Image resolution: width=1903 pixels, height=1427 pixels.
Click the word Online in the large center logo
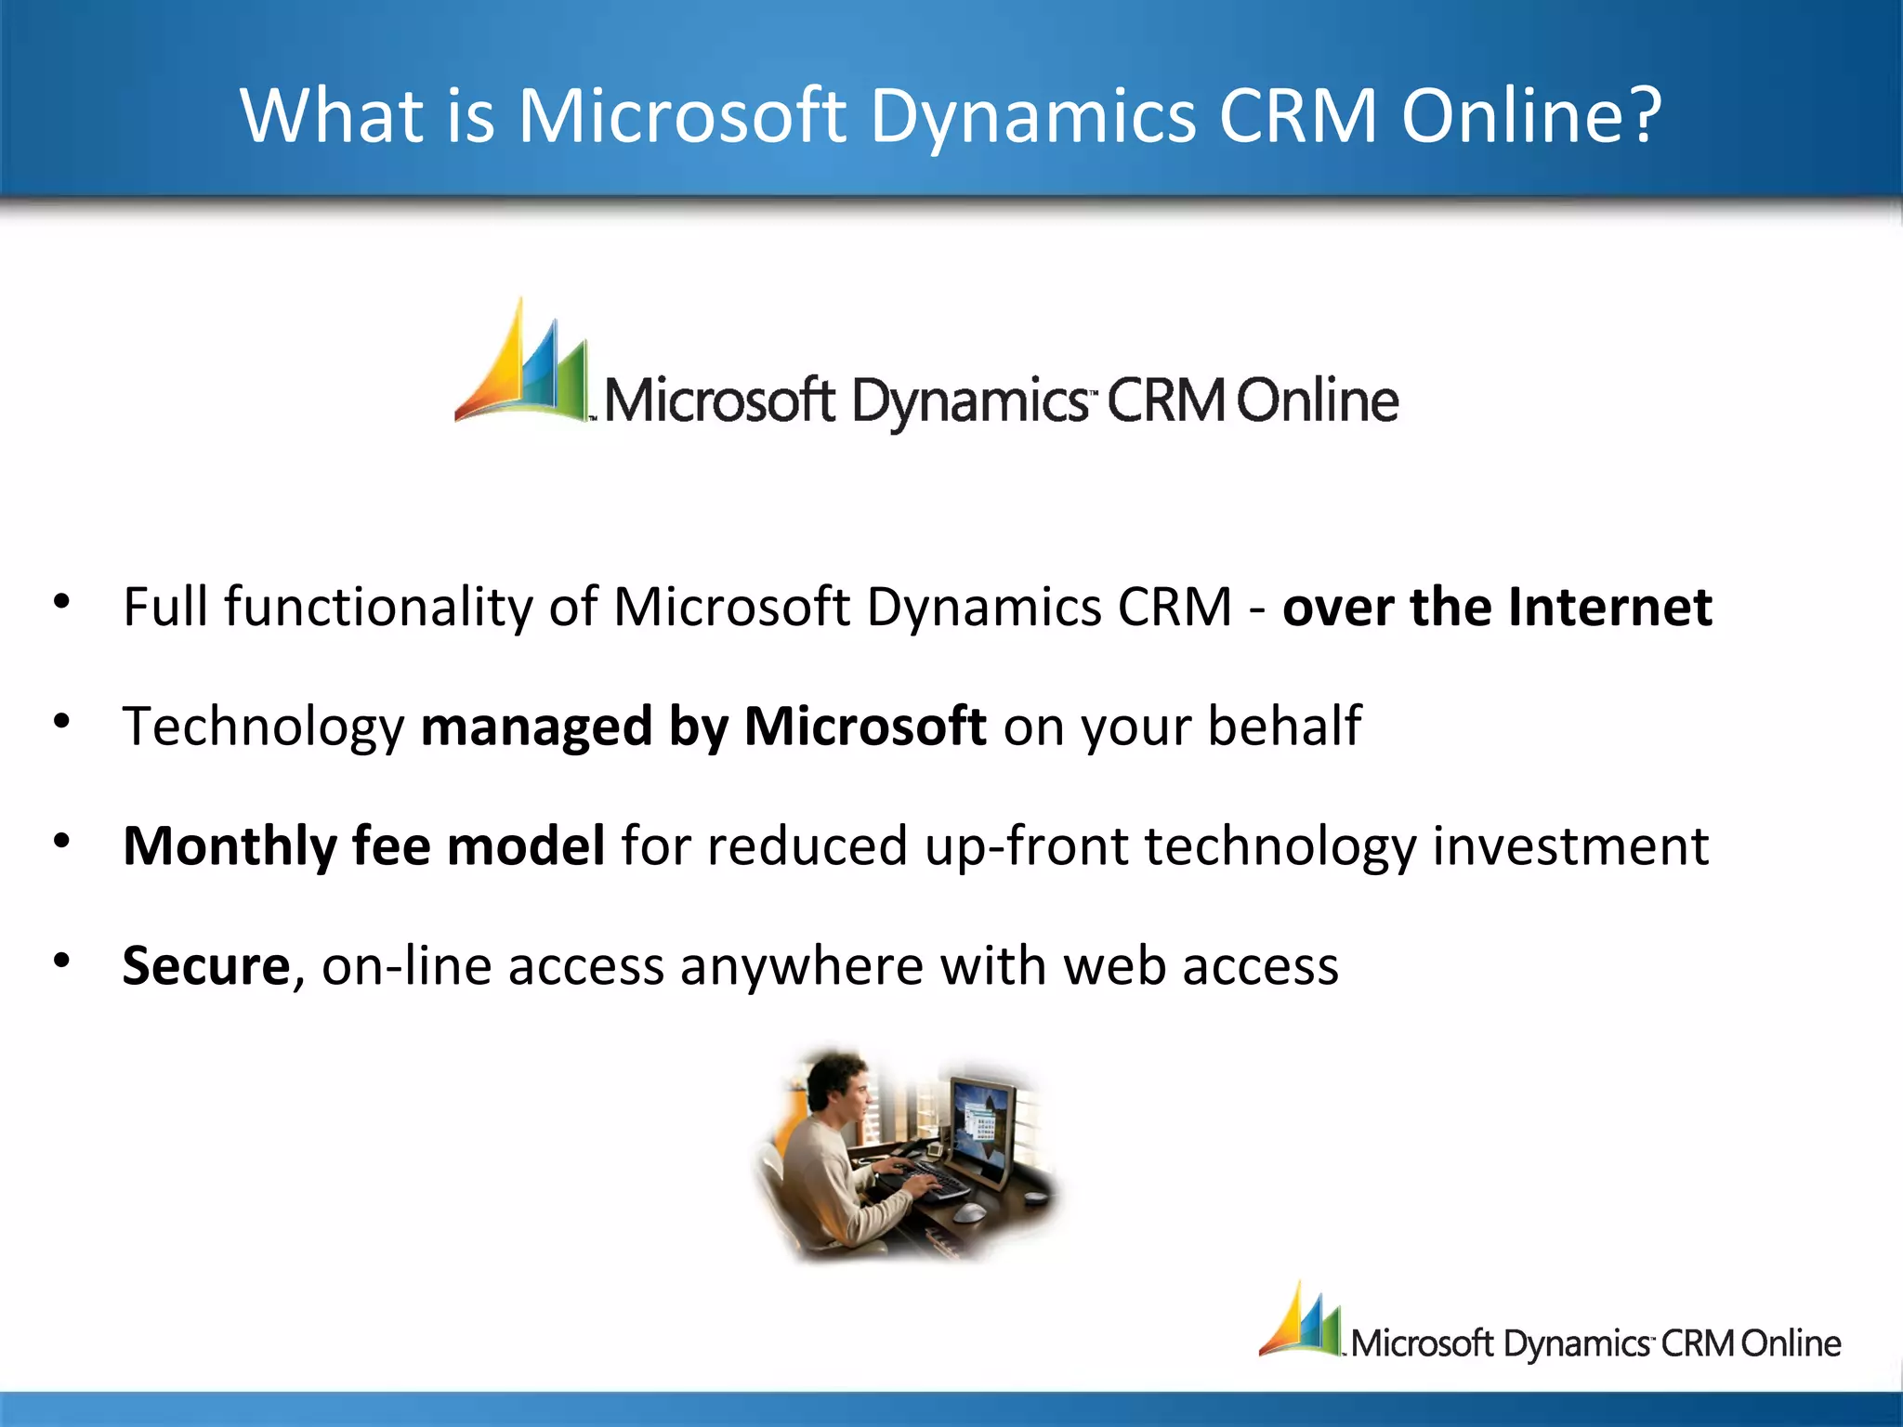click(1317, 401)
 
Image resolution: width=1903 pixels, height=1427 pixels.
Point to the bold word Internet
click(1609, 608)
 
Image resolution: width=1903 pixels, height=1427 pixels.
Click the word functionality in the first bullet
click(377, 608)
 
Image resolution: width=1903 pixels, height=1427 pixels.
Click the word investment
click(1569, 846)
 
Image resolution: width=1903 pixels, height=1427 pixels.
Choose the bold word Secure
click(206, 966)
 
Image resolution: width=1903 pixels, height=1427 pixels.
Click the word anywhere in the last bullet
click(802, 967)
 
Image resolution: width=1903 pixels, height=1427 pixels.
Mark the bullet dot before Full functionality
click(62, 602)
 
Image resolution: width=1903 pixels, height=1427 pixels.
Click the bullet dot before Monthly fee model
click(62, 842)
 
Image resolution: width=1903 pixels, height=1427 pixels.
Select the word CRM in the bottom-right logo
click(1697, 1344)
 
